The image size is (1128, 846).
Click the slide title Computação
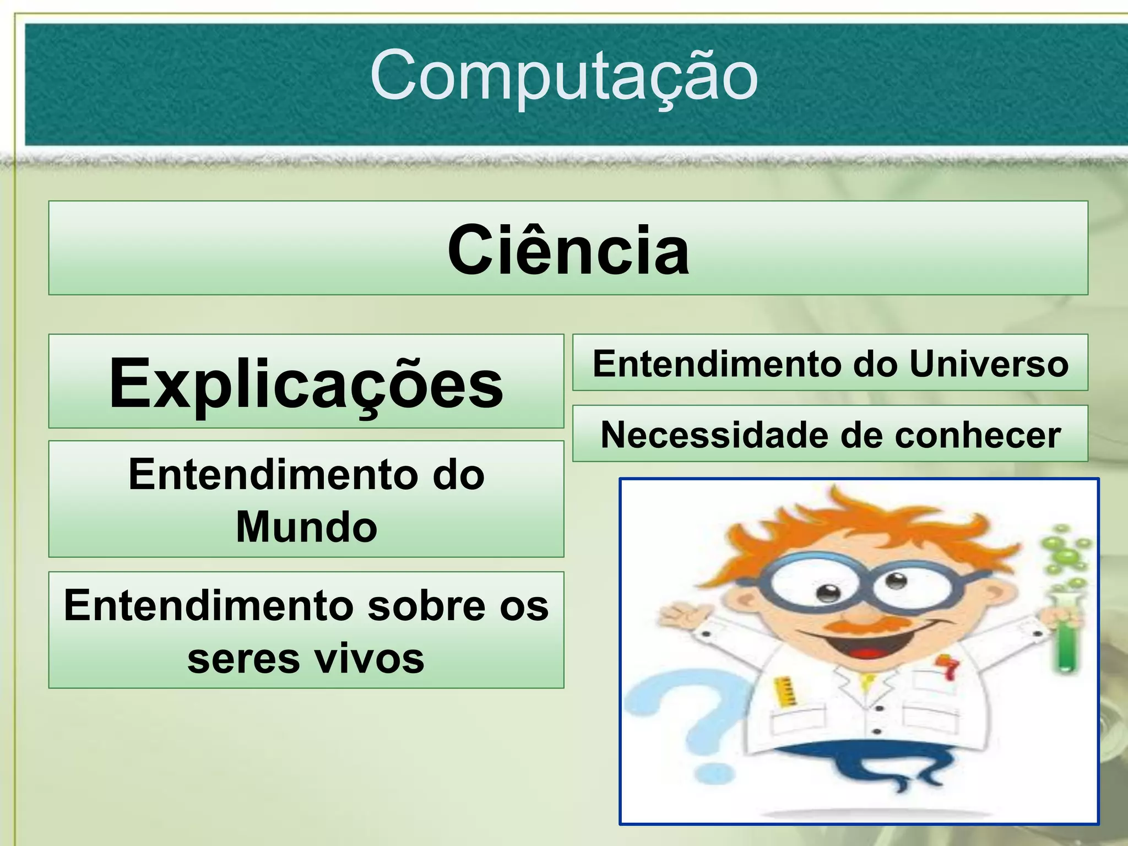click(563, 76)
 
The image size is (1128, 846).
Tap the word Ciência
click(568, 251)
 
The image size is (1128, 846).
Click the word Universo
click(989, 364)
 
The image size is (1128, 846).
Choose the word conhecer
click(978, 435)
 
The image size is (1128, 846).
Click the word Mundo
click(306, 527)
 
